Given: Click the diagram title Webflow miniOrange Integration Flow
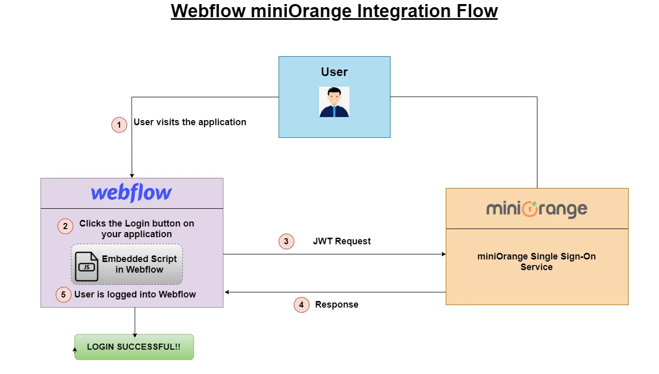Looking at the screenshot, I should pyautogui.click(x=334, y=11).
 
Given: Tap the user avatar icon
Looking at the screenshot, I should pyautogui.click(x=334, y=102).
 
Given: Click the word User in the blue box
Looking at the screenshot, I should pyautogui.click(x=334, y=72).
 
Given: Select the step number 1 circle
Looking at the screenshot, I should pyautogui.click(x=119, y=125).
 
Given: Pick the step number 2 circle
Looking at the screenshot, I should pyautogui.click(x=65, y=226).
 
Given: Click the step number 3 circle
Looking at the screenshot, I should pyautogui.click(x=286, y=242).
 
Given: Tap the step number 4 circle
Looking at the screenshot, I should pyautogui.click(x=301, y=305).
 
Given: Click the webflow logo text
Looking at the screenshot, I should pyautogui.click(x=132, y=193).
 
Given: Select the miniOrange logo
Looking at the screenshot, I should pyautogui.click(x=536, y=209).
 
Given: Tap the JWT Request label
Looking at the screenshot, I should pyautogui.click(x=341, y=242).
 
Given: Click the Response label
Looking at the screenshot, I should pyautogui.click(x=336, y=305).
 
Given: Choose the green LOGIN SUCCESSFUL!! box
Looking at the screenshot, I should pyautogui.click(x=134, y=347).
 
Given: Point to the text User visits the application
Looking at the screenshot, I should pyautogui.click(x=189, y=122).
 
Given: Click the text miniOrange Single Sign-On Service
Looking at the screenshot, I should pyautogui.click(x=536, y=261).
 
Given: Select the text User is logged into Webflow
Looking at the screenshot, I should pyautogui.click(x=135, y=294).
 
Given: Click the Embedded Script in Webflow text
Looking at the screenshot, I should pyautogui.click(x=139, y=264).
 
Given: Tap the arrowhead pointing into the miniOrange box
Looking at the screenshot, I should pyautogui.click(x=443, y=254).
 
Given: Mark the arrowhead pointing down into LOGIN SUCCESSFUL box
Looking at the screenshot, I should pyautogui.click(x=135, y=334).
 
